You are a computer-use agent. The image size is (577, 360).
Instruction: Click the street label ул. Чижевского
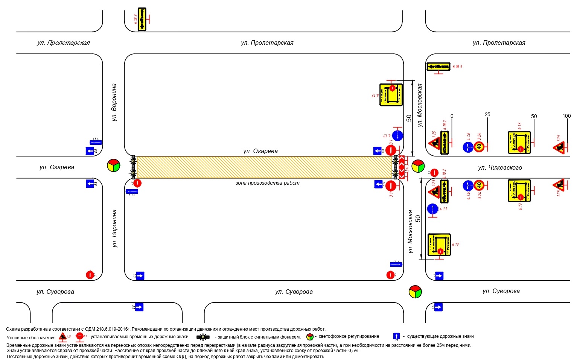pos(500,168)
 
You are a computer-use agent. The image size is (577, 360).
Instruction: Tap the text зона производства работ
pos(267,183)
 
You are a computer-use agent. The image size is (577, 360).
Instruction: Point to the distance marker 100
pos(566,116)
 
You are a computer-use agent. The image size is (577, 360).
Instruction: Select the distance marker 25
pos(487,115)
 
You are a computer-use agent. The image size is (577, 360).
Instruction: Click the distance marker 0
pos(452,116)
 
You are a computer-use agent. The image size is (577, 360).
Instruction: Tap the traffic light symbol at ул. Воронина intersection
pos(113,165)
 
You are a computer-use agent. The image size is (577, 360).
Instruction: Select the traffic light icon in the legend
pos(310,337)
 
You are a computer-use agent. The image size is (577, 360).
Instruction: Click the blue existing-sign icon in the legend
pos(396,336)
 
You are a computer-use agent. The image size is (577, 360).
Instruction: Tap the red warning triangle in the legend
pos(63,337)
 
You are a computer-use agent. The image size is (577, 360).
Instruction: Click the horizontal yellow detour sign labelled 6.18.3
pos(438,67)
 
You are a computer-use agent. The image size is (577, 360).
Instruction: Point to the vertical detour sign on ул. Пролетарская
pos(142,19)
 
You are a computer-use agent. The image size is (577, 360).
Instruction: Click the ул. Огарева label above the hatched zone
pos(260,151)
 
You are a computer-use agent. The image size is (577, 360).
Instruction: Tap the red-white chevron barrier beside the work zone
pos(402,167)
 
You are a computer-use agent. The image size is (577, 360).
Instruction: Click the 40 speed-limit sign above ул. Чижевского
pos(479,147)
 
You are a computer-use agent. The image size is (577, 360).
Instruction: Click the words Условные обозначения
pos(32,338)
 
